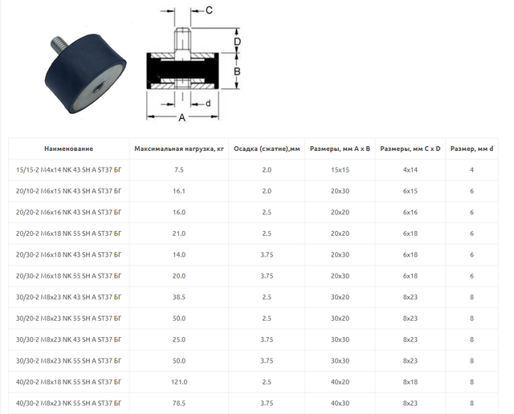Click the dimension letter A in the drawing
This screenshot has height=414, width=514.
tap(182, 118)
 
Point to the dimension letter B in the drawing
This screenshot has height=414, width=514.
tap(237, 71)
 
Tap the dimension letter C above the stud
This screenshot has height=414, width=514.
tap(209, 10)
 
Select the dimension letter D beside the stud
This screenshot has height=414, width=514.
tap(237, 42)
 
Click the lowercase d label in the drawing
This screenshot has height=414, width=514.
tap(208, 103)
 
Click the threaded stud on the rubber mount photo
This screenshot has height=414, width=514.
tap(59, 45)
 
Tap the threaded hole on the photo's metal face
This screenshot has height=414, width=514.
tap(97, 87)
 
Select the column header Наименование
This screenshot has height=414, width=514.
tap(68, 148)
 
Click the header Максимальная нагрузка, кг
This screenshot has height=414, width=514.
tap(179, 148)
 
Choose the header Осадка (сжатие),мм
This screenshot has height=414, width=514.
tap(267, 148)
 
